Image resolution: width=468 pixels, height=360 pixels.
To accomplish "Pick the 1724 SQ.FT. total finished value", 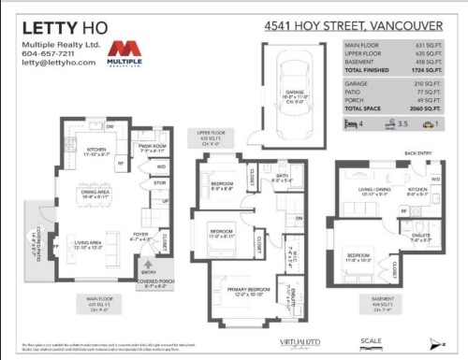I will (425, 70).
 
